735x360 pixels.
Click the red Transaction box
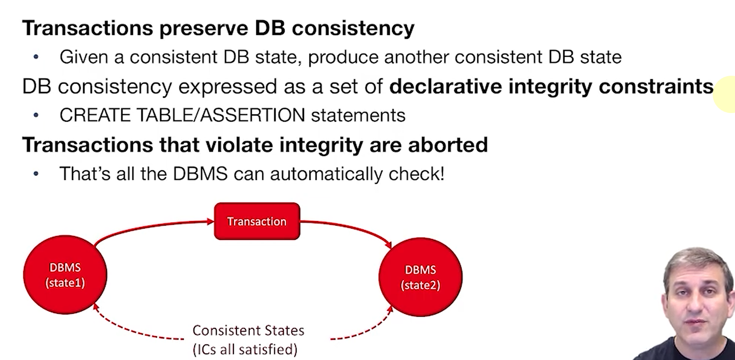point(257,221)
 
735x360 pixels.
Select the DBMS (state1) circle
point(65,275)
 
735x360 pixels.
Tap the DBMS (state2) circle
point(420,277)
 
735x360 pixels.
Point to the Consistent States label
point(248,331)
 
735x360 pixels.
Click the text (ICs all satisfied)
point(245,349)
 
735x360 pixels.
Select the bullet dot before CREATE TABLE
point(36,116)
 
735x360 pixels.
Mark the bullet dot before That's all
point(36,174)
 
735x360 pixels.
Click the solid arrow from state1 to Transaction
point(149,227)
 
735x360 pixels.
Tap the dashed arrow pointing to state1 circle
point(129,331)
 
